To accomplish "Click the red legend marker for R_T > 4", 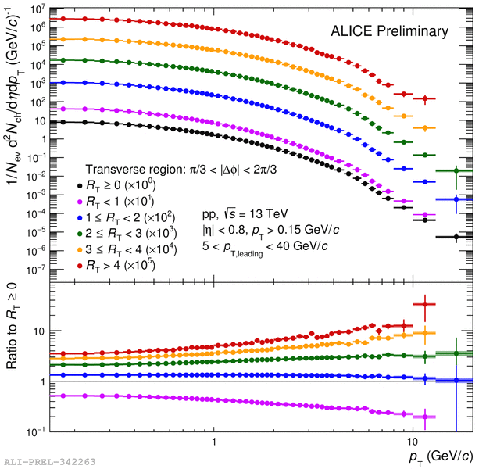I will click(80, 266).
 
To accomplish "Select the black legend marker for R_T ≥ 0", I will click(80, 185).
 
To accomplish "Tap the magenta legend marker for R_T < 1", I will click(80, 202).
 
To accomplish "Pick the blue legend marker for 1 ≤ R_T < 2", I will click(80, 217).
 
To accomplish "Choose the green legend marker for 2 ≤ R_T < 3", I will click(80, 234).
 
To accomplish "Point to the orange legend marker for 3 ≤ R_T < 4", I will click(80, 249).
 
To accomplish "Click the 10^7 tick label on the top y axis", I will click(38, 9).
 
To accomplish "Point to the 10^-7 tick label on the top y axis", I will click(36, 270).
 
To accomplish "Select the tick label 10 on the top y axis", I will click(39, 121).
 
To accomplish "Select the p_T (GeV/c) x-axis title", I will click(441, 456).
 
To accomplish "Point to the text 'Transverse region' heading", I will click(176, 170).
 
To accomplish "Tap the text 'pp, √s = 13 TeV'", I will click(243, 213).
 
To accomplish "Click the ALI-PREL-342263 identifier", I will click(49, 462).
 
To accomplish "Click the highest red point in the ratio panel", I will click(424, 304).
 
